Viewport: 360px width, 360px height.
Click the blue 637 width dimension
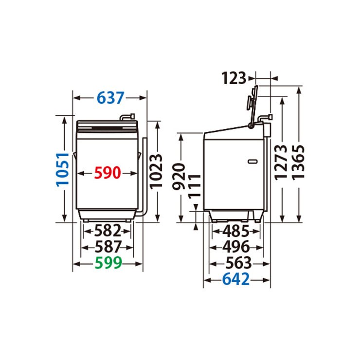pos(110,98)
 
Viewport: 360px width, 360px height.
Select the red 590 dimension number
pos(108,173)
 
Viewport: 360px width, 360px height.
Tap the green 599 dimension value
pos(108,263)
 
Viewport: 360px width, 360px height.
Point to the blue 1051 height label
pos(63,169)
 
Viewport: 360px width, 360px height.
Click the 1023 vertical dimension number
pos(156,172)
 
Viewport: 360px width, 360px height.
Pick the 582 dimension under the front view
pos(108,231)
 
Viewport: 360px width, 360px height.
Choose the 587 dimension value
pos(108,247)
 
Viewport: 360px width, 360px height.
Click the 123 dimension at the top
pos(234,78)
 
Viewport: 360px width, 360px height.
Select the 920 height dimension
pos(179,177)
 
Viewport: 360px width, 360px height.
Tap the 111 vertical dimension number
pos(195,186)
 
